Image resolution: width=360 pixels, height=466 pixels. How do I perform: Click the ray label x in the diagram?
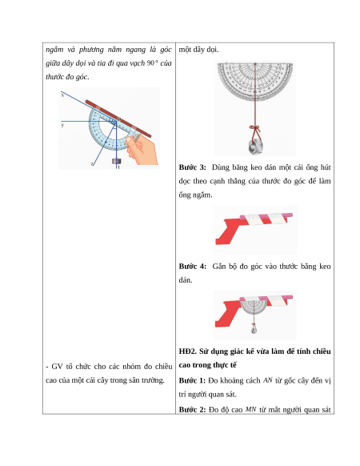[x=62, y=95]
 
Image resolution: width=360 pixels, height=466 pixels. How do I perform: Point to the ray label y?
[x=62, y=125]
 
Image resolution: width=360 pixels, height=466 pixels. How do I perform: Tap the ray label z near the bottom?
[x=92, y=164]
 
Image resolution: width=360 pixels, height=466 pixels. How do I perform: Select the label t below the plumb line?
[x=119, y=167]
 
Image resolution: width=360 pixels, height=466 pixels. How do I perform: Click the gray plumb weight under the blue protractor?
[x=117, y=161]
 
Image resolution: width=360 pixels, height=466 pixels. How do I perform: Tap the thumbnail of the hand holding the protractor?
[x=142, y=150]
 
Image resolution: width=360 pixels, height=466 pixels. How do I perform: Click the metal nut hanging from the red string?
[x=255, y=147]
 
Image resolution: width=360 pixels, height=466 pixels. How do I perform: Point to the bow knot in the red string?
[x=255, y=129]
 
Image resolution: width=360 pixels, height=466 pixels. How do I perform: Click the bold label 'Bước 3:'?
[x=192, y=167]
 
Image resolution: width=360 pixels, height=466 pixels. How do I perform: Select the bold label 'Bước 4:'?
[x=192, y=267]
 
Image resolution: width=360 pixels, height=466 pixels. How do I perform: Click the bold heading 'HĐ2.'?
[x=188, y=352]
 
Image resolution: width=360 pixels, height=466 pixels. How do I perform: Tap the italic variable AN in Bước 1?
[x=268, y=380]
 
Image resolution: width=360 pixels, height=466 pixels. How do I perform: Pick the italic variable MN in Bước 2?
[x=250, y=409]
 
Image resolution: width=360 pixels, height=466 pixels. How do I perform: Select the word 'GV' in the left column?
[x=57, y=367]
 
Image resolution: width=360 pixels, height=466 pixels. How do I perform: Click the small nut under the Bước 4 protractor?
[x=254, y=330]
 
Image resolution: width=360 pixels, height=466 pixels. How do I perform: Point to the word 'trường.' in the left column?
[x=154, y=380]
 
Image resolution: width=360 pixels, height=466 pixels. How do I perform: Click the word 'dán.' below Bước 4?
[x=186, y=280]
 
